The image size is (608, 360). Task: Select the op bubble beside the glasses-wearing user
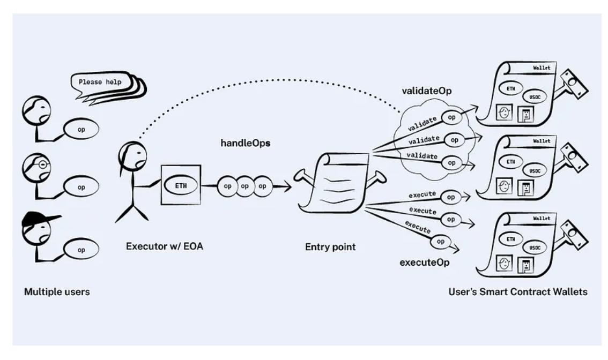[x=82, y=187]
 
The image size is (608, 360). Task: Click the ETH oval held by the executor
[x=181, y=185]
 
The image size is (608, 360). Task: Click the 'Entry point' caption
[x=331, y=247]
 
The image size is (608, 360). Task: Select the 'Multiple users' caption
[x=56, y=292]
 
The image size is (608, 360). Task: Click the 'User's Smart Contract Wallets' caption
[x=518, y=292]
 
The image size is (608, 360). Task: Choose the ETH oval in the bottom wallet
[x=511, y=239]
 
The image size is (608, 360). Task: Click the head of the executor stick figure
[x=131, y=156]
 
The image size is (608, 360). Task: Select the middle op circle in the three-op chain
[x=245, y=186]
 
